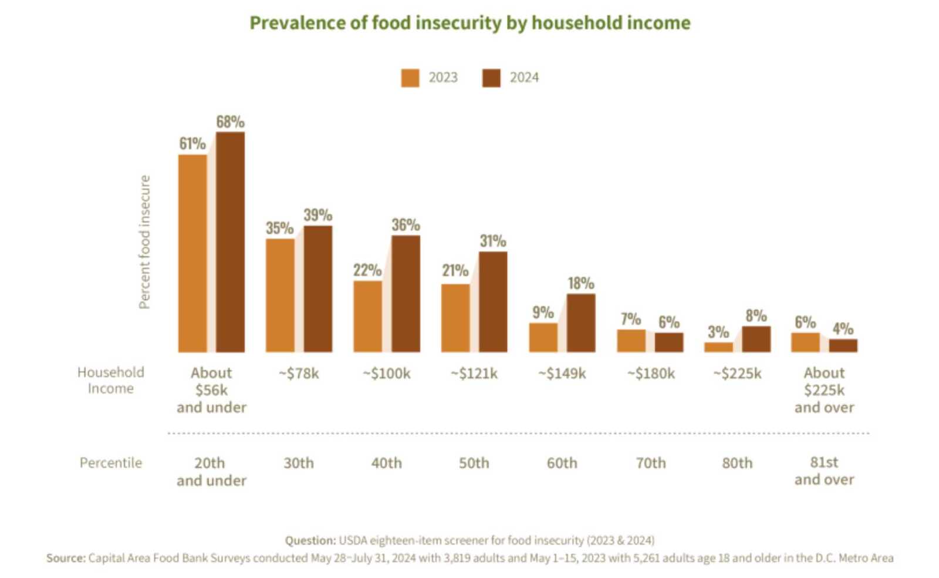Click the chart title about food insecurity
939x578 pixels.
(x=469, y=23)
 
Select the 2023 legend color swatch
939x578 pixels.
(x=410, y=78)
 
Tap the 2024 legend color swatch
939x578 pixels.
(x=491, y=78)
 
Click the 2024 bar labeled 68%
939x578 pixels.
(x=230, y=242)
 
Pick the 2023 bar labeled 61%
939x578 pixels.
(x=192, y=253)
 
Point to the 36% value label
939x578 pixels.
(x=406, y=225)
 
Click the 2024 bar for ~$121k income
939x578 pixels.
(x=493, y=302)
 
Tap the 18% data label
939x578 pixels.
(x=581, y=283)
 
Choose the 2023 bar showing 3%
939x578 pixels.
(x=718, y=347)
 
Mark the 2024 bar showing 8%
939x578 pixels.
(x=756, y=339)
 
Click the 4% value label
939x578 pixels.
(x=843, y=329)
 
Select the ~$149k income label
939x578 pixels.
(x=562, y=374)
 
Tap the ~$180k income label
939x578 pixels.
(x=650, y=374)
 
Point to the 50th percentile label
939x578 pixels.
(x=474, y=463)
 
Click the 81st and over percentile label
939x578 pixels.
(x=824, y=471)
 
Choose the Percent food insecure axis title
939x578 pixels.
(x=144, y=242)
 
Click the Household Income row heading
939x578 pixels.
(x=110, y=380)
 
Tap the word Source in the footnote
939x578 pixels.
(x=66, y=558)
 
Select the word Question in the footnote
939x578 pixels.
(x=310, y=540)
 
